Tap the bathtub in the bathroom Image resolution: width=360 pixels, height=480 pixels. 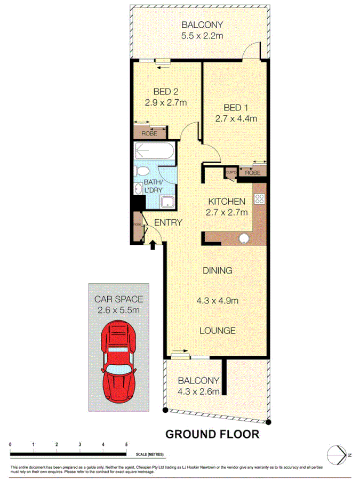[x=154, y=154]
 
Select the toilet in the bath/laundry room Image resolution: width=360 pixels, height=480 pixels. [x=142, y=172]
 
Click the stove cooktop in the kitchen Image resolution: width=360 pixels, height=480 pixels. [x=259, y=199]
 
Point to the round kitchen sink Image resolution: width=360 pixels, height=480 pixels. [x=245, y=239]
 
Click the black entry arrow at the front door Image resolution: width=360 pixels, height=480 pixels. [x=153, y=244]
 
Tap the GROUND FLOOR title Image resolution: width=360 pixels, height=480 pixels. [x=212, y=434]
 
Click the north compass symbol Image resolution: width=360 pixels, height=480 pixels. [x=337, y=454]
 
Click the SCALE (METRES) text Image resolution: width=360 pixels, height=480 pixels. [x=150, y=454]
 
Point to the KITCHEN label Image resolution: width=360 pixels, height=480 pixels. [x=226, y=202]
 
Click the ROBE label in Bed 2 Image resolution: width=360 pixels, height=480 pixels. [x=149, y=133]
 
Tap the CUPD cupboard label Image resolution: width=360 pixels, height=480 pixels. [x=230, y=172]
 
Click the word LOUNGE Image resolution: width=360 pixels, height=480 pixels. [x=218, y=331]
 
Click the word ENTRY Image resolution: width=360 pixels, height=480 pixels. [x=169, y=222]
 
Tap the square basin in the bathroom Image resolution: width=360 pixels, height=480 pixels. [x=167, y=202]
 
